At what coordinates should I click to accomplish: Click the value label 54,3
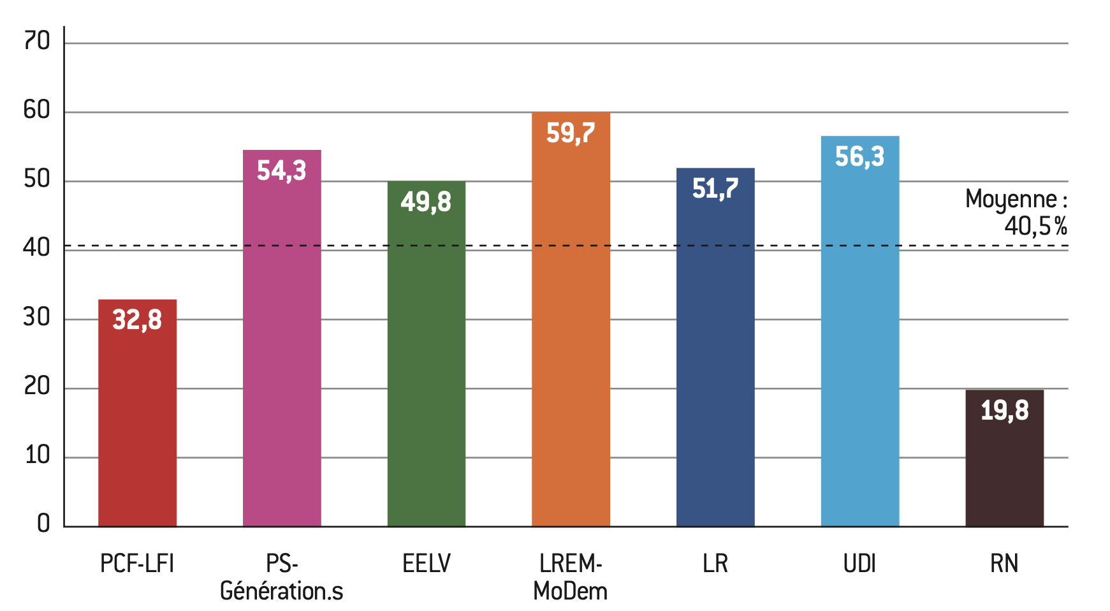pyautogui.click(x=281, y=171)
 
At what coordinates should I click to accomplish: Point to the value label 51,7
pyautogui.click(x=715, y=189)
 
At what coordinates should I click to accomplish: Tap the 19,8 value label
pyautogui.click(x=1004, y=410)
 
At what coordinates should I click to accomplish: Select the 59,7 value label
pyautogui.click(x=571, y=133)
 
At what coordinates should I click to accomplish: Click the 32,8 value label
pyautogui.click(x=137, y=320)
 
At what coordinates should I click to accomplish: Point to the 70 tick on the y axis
pyautogui.click(x=37, y=41)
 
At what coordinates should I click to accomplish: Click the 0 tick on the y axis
pyautogui.click(x=43, y=524)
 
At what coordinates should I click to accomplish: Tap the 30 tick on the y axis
pyautogui.click(x=37, y=317)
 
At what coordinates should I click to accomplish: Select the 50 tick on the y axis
pyautogui.click(x=37, y=179)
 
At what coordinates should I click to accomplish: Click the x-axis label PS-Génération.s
pyautogui.click(x=281, y=577)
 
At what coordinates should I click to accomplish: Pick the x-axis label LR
pyautogui.click(x=715, y=564)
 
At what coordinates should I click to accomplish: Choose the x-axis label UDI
pyautogui.click(x=859, y=564)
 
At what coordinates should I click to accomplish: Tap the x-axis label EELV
pyautogui.click(x=426, y=564)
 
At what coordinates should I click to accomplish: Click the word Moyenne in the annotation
pyautogui.click(x=1011, y=200)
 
